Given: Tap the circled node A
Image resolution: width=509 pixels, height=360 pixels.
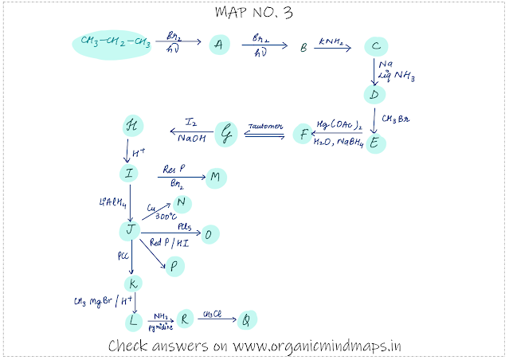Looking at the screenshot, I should pos(217,45).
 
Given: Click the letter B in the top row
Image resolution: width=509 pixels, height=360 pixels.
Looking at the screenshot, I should pos(303,48).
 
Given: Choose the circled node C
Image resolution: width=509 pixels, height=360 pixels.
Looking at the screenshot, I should pos(374,47).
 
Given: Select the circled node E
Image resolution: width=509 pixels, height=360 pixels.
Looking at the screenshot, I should pos(374,143).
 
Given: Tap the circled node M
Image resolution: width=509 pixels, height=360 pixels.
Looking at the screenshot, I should pos(214,178).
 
